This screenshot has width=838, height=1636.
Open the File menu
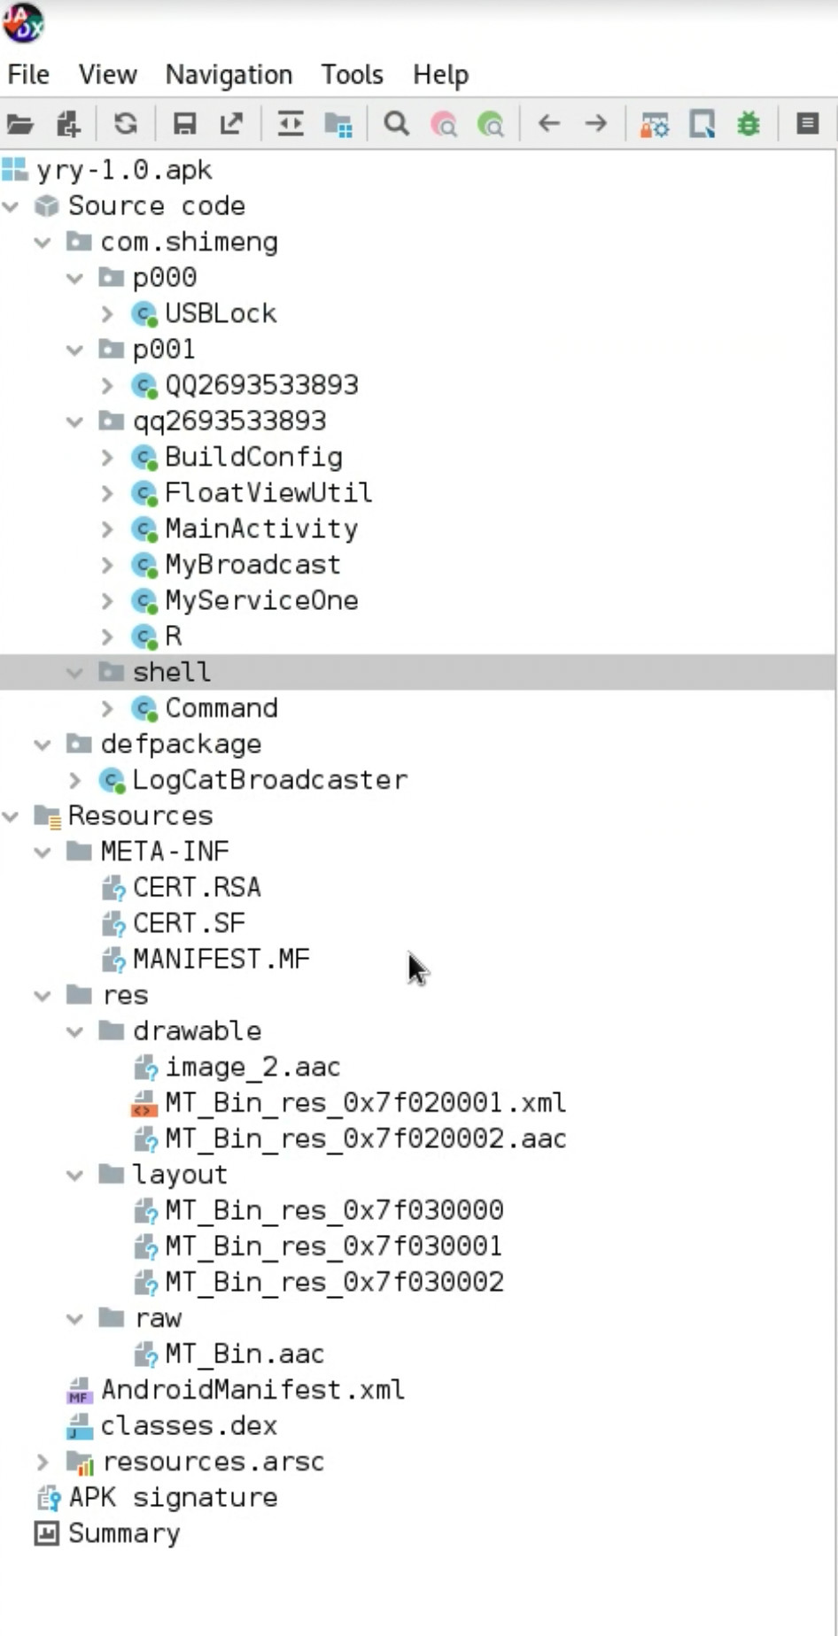point(28,75)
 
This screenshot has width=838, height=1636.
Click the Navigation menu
point(229,75)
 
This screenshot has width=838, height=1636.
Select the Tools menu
point(352,75)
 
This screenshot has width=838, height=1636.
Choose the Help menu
point(440,75)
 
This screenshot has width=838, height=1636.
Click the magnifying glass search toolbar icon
point(396,124)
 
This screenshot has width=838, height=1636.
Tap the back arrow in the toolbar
point(549,124)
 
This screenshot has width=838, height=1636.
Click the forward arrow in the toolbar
point(596,124)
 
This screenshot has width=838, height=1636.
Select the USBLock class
point(221,313)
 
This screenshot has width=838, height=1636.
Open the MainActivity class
point(261,529)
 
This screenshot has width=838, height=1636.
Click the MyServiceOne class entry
point(261,600)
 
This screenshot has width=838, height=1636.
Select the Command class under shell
point(221,708)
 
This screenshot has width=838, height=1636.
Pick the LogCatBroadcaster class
point(269,780)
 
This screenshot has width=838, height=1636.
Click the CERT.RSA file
point(197,887)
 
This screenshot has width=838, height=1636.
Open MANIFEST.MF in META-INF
point(221,959)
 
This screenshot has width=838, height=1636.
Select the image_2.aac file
point(252,1067)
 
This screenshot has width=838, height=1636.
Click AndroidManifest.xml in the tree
point(252,1390)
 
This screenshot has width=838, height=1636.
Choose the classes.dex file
point(189,1425)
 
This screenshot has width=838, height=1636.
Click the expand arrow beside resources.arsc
point(42,1462)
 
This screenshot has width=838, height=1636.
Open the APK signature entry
point(173,1498)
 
